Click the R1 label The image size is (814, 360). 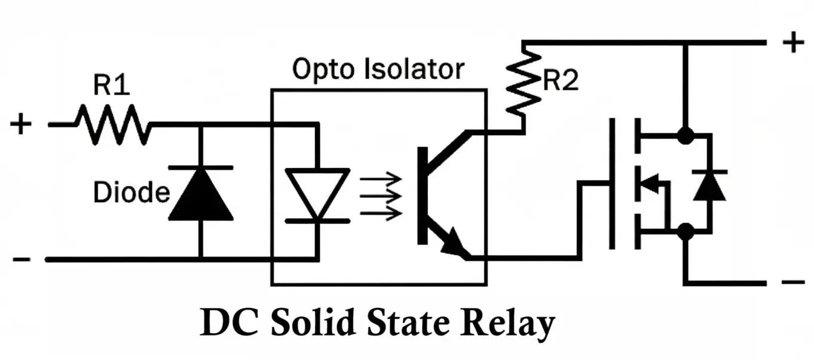[111, 87]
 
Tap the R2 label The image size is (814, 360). [560, 82]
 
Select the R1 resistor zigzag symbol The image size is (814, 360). [112, 124]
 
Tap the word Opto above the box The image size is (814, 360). [319, 70]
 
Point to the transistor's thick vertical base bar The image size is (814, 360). [423, 196]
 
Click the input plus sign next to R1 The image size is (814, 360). [21, 124]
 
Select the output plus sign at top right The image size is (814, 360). [793, 43]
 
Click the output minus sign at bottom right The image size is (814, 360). [793, 282]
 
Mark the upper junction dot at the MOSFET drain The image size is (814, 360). [686, 136]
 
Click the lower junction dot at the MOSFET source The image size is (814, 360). [686, 231]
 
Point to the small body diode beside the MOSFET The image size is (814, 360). [709, 185]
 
